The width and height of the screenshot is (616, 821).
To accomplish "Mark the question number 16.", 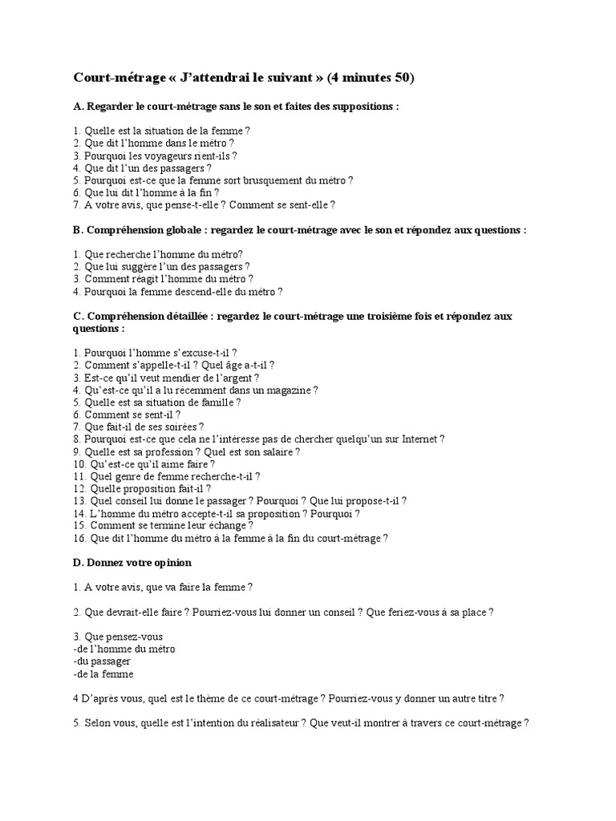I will click(79, 539).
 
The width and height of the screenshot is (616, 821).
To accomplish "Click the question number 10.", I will click(79, 464).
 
